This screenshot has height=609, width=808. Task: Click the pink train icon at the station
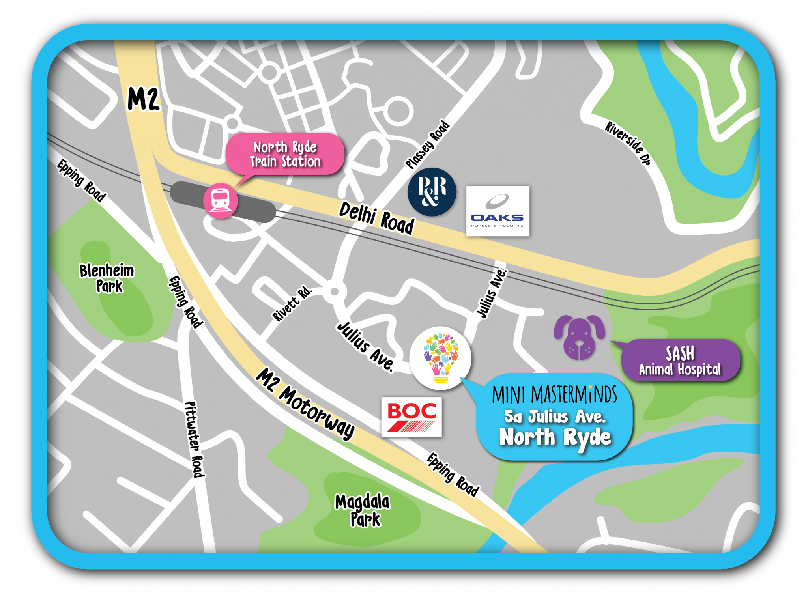pyautogui.click(x=220, y=200)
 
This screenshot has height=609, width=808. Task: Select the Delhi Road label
pyautogui.click(x=376, y=219)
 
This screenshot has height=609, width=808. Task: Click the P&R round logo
pyautogui.click(x=432, y=192)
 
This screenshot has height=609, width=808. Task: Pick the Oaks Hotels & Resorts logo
pyautogui.click(x=498, y=211)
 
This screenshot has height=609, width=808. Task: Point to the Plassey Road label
pyautogui.click(x=428, y=145)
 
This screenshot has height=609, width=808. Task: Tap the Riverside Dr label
pyautogui.click(x=628, y=143)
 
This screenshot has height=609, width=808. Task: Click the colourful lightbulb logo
pyautogui.click(x=440, y=358)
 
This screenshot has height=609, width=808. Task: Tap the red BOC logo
pyautogui.click(x=411, y=417)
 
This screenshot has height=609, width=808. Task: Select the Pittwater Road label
pyautogui.click(x=194, y=439)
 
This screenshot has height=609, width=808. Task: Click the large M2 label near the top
pyautogui.click(x=144, y=99)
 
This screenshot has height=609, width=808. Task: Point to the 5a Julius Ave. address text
pyautogui.click(x=555, y=417)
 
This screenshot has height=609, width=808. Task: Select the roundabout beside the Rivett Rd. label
pyautogui.click(x=334, y=292)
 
